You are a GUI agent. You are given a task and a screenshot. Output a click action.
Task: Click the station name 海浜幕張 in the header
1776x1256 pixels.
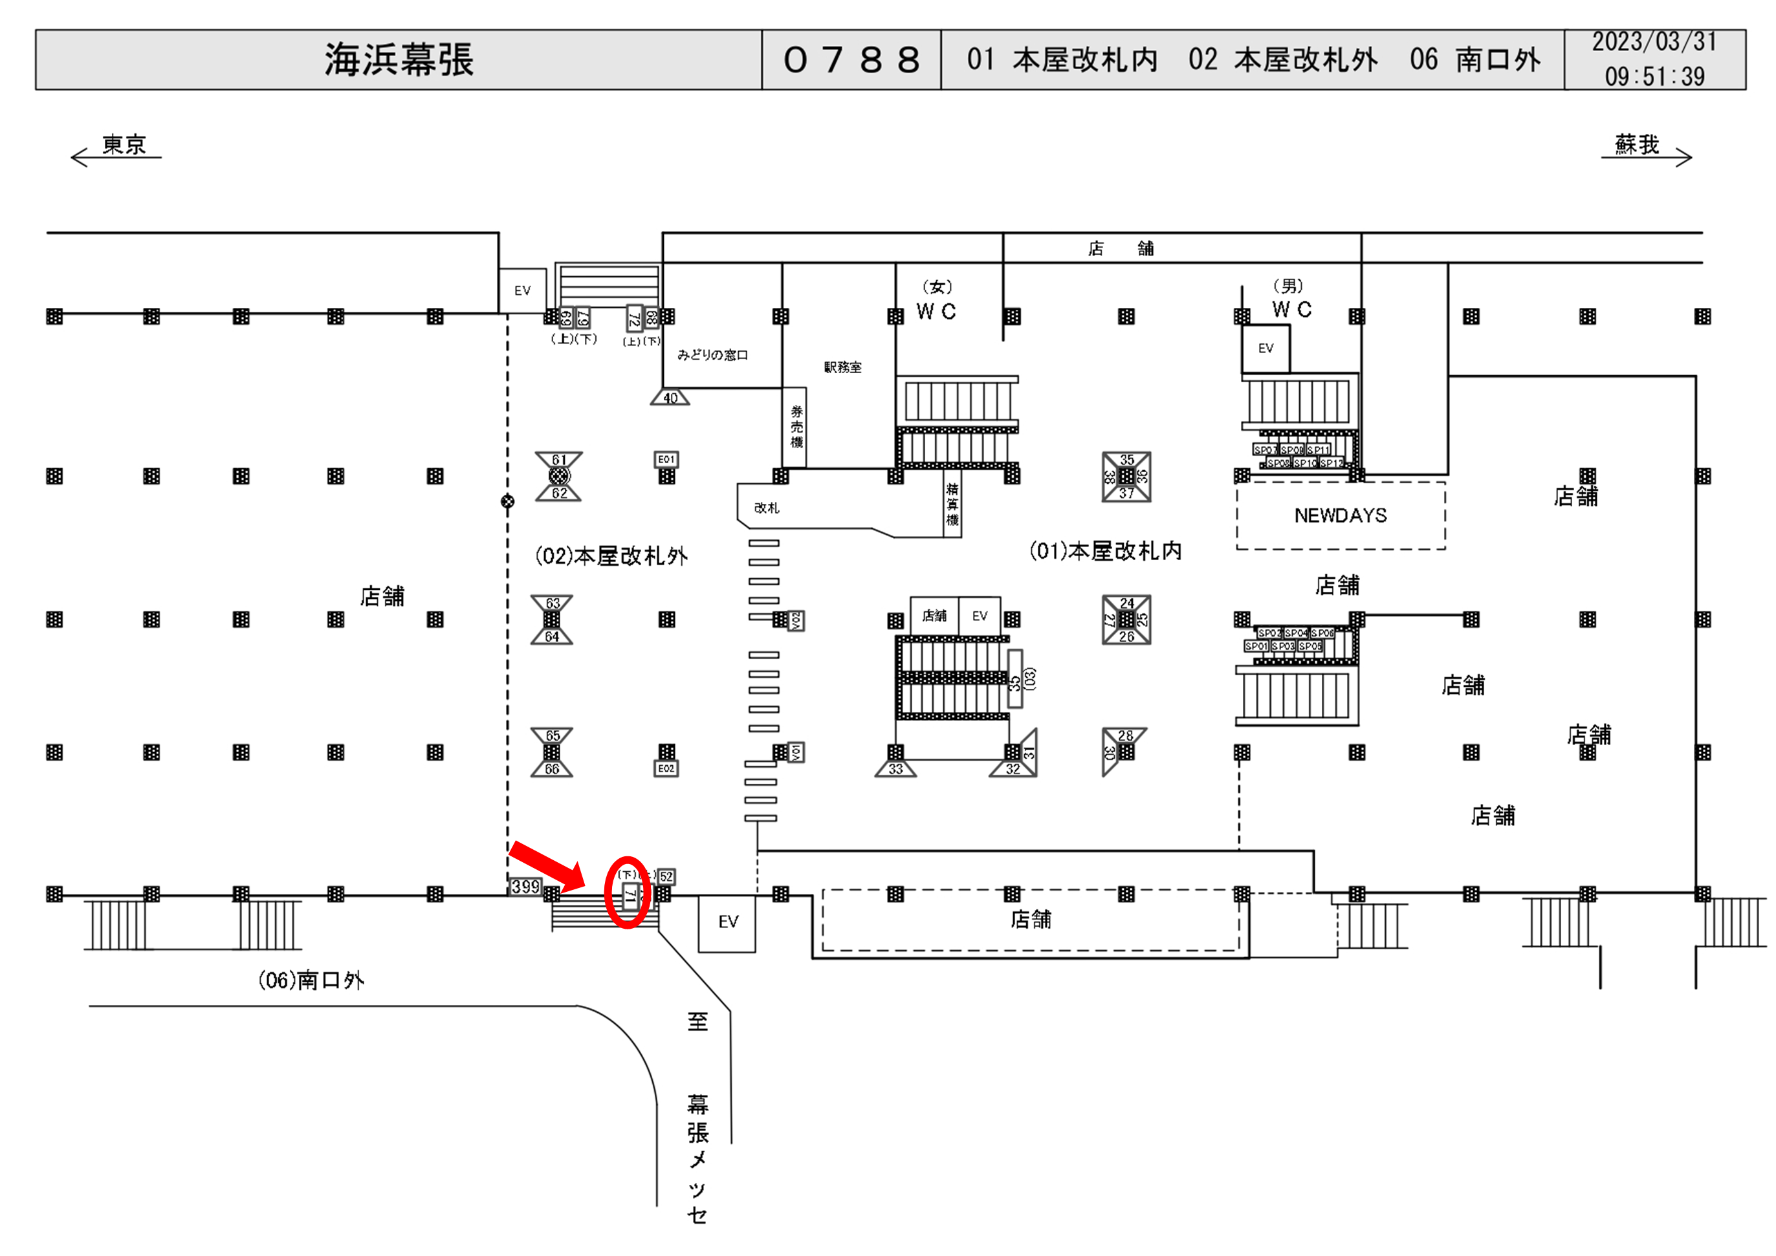coord(399,60)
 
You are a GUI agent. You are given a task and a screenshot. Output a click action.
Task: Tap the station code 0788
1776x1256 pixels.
coord(851,60)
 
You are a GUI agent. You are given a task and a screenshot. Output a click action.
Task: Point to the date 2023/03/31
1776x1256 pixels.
coord(1654,42)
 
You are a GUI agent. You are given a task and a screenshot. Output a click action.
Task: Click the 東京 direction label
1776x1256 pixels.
coord(124,145)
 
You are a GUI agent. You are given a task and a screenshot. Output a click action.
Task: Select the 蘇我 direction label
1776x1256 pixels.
coord(1636,145)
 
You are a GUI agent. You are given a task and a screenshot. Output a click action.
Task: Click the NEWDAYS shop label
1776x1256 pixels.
coord(1340,516)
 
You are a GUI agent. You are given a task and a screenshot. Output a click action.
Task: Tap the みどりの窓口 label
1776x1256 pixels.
coord(712,355)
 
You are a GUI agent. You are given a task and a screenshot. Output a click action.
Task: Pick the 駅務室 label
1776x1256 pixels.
coord(842,367)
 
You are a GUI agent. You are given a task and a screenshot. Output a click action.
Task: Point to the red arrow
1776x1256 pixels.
coord(547,866)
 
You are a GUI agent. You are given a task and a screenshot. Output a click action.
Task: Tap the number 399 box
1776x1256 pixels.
coord(525,886)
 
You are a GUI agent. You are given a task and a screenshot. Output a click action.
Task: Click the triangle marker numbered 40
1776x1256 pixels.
coord(670,398)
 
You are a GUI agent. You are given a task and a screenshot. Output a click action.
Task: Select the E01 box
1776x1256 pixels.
coord(666,459)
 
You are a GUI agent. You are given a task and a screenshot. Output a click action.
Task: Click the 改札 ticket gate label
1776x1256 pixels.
coord(767,508)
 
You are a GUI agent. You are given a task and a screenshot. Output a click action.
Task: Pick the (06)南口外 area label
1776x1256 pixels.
coord(311,980)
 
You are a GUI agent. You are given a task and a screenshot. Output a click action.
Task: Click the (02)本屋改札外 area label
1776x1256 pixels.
coord(611,556)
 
